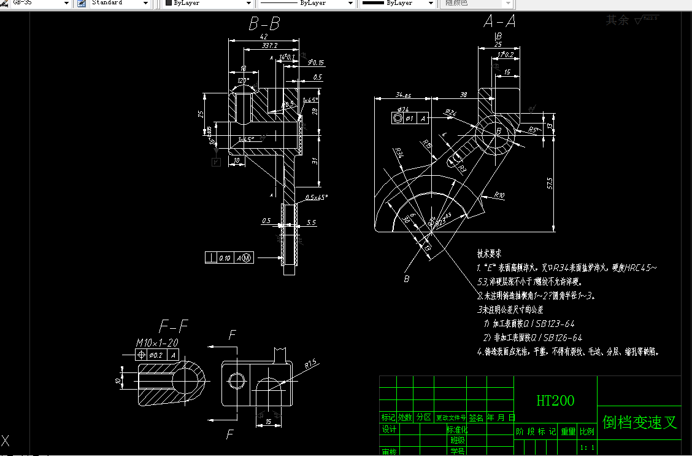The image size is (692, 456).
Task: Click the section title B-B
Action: click(x=264, y=24)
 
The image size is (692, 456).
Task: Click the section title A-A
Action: click(x=499, y=22)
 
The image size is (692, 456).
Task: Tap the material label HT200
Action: click(x=555, y=401)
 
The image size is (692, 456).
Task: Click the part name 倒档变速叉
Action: click(x=640, y=422)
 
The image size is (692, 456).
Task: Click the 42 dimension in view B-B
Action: click(x=263, y=37)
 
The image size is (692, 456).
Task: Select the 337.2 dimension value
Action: click(x=269, y=45)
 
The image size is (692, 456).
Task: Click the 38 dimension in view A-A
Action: click(x=463, y=95)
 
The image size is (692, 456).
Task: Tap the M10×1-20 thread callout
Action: click(x=157, y=343)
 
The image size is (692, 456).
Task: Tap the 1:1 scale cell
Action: click(x=586, y=448)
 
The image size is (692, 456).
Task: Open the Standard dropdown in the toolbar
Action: click(x=120, y=3)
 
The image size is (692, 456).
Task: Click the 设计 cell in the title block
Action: click(x=389, y=429)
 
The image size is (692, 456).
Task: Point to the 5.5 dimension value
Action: click(x=311, y=222)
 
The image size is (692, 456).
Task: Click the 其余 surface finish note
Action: click(x=617, y=20)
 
